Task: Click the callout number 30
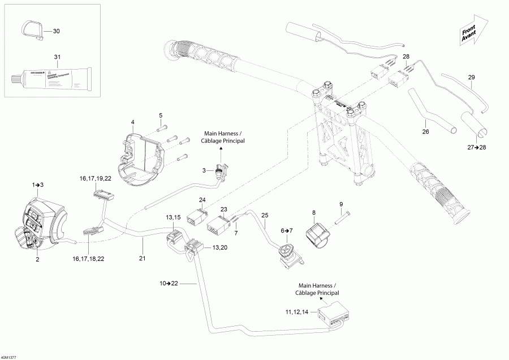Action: [x=56, y=31]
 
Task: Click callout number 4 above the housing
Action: [x=132, y=122]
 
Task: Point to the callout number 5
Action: [x=160, y=115]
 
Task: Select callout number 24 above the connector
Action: [x=202, y=199]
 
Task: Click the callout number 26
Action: [x=425, y=131]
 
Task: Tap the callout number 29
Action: [x=471, y=77]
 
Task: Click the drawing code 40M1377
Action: [x=9, y=357]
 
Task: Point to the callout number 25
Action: [x=265, y=215]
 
